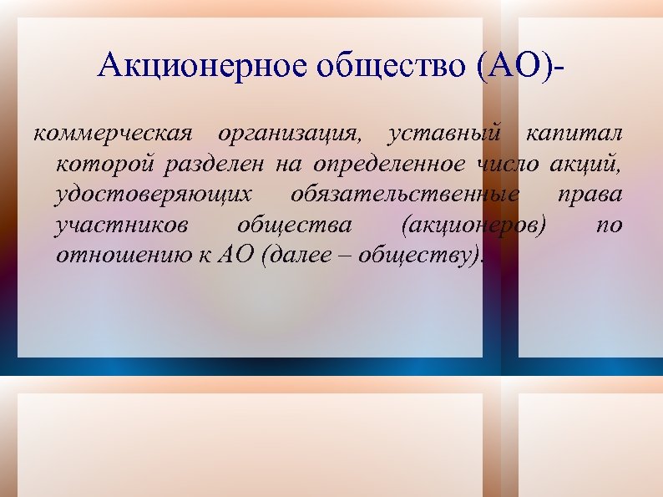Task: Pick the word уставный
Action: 444,134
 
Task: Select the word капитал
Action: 574,134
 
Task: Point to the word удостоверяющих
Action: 153,195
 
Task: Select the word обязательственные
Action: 405,195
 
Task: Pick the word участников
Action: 121,226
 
